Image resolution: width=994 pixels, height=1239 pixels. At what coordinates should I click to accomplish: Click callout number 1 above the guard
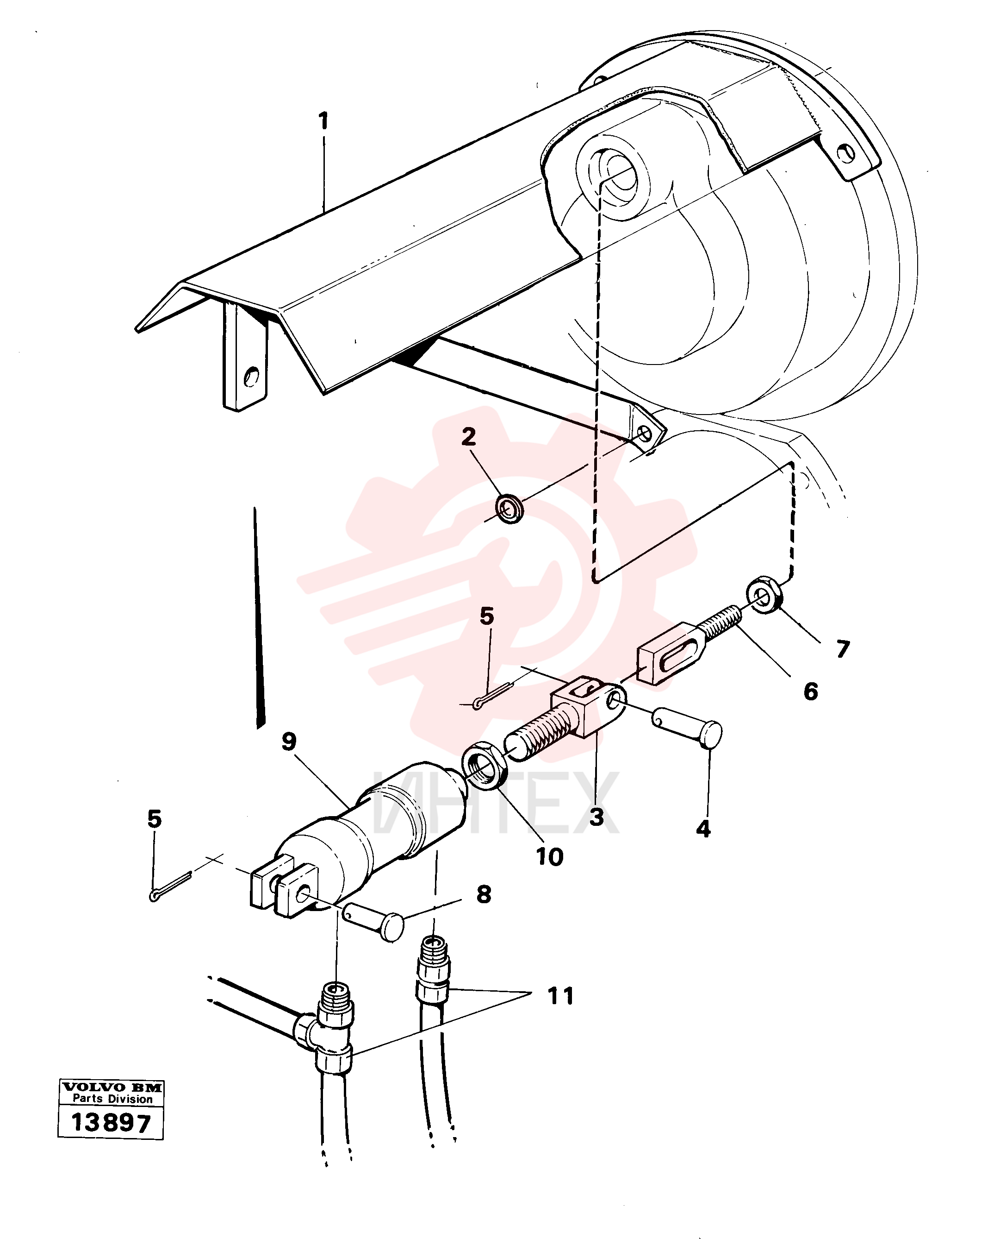324,121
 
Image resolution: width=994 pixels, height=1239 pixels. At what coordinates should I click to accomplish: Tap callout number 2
469,437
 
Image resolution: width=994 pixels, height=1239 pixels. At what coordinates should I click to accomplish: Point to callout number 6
810,692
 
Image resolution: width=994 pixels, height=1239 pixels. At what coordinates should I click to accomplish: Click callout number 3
596,817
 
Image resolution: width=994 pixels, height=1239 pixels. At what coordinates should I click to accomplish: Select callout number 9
289,742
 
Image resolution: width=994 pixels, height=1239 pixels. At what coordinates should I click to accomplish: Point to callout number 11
560,996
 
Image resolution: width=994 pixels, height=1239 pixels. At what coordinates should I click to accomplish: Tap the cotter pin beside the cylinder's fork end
171,887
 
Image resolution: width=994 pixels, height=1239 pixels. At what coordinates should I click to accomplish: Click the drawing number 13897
111,1123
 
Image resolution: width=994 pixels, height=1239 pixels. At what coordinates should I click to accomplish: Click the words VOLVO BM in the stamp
112,1087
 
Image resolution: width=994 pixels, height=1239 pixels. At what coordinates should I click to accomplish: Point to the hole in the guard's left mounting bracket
250,377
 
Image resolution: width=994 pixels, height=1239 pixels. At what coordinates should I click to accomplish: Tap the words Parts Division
112,1099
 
